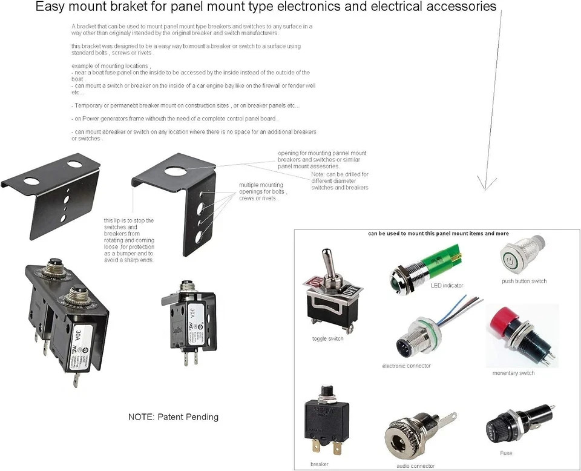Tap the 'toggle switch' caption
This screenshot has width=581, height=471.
tap(327, 339)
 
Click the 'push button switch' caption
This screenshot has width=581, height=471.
tap(524, 281)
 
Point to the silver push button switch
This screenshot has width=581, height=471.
tap(519, 257)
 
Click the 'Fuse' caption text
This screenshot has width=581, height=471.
tap(506, 453)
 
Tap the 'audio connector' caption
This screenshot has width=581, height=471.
tap(416, 466)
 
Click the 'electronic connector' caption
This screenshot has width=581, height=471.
tap(406, 366)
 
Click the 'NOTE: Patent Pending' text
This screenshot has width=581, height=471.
tap(173, 417)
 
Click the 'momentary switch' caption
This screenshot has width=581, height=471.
tap(513, 373)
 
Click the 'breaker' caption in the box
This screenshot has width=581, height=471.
tap(319, 464)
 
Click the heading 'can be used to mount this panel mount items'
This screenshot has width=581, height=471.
tap(438, 234)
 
